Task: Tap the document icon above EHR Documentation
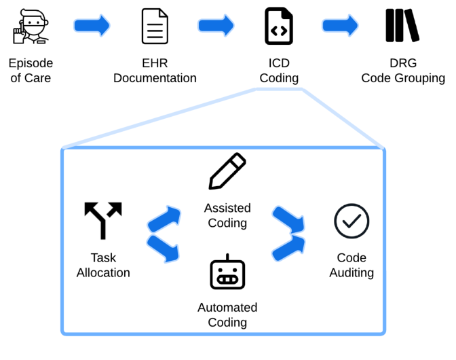[x=155, y=26]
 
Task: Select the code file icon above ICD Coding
[x=278, y=26]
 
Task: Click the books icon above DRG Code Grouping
[x=402, y=26]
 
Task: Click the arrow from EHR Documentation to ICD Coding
[x=216, y=26]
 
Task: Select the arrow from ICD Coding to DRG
[x=341, y=26]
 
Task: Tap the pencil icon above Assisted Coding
[x=227, y=171]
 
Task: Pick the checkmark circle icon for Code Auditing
[x=351, y=221]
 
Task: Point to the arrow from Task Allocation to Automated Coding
[x=164, y=249]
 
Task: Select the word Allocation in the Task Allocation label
[x=103, y=273]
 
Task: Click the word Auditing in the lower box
[x=351, y=273]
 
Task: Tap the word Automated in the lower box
[x=227, y=307]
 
